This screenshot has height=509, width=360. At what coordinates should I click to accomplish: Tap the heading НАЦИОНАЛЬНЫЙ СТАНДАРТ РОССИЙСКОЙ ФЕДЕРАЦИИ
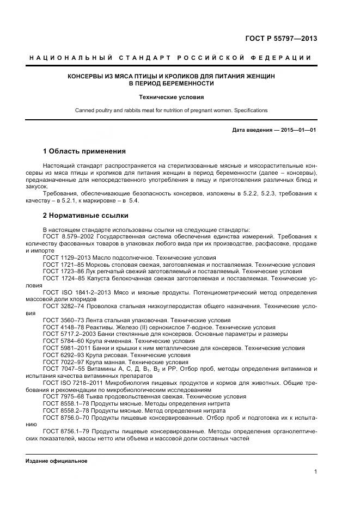click(170, 58)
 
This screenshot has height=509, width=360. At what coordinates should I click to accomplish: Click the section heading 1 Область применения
click(84, 151)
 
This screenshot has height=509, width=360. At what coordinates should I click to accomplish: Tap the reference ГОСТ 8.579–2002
click(68, 237)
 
